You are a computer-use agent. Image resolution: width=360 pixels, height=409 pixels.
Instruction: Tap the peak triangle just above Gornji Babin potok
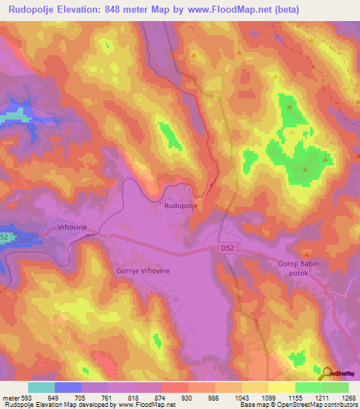[306, 253]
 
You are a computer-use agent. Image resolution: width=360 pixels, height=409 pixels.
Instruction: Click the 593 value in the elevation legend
[27, 398]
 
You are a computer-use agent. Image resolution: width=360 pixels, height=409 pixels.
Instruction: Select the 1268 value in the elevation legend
[348, 398]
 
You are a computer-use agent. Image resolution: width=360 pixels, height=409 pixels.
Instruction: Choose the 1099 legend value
[268, 398]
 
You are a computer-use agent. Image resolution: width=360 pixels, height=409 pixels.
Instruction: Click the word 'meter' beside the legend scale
[10, 398]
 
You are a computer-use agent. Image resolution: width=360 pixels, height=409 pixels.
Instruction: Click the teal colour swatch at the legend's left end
[41, 387]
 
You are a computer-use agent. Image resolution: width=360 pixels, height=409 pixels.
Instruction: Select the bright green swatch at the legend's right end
[335, 387]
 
